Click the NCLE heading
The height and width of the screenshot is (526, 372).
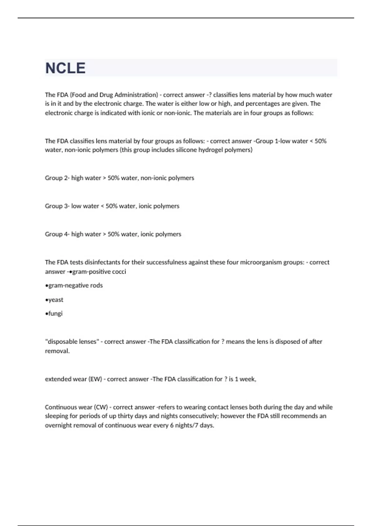(x=65, y=68)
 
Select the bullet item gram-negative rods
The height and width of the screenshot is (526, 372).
(x=75, y=286)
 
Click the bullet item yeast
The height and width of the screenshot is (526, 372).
(x=55, y=300)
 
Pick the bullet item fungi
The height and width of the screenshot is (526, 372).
(x=55, y=313)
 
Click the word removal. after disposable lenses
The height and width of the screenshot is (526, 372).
(x=57, y=351)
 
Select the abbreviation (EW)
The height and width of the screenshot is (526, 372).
(x=95, y=379)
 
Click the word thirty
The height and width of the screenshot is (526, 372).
(x=125, y=416)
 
